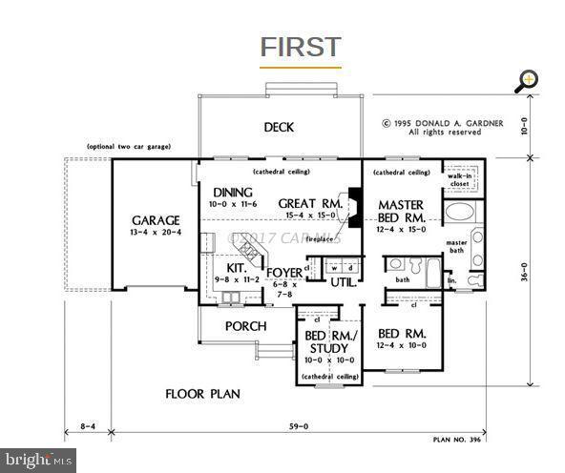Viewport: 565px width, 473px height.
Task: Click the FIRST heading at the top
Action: pyautogui.click(x=300, y=47)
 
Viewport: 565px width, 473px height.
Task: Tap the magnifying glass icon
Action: pyautogui.click(x=526, y=80)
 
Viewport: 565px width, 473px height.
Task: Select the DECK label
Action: pyautogui.click(x=279, y=128)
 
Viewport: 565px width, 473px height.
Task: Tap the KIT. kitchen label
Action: pyautogui.click(x=236, y=270)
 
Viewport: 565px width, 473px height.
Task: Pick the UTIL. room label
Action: pyautogui.click(x=343, y=282)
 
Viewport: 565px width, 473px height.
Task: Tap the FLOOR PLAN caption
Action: pyautogui.click(x=201, y=393)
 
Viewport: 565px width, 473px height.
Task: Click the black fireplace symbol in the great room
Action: pyautogui.click(x=354, y=208)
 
